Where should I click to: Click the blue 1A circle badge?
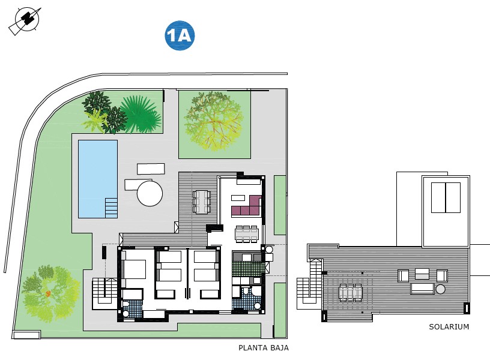(x=179, y=36)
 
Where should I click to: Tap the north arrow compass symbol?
(x=25, y=20)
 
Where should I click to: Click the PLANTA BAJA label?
(x=264, y=347)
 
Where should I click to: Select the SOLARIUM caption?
(x=449, y=327)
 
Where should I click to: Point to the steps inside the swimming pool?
(x=111, y=208)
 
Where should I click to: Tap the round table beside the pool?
(x=150, y=194)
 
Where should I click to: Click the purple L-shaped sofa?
(x=247, y=207)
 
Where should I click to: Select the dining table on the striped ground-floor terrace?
(x=201, y=202)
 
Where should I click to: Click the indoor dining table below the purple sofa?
(x=246, y=233)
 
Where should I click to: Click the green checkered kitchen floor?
(x=247, y=268)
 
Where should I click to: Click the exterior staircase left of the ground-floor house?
(x=104, y=293)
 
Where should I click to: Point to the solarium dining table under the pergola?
(x=350, y=292)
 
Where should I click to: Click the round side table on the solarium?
(x=441, y=289)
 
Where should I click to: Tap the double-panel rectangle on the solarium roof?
(x=446, y=197)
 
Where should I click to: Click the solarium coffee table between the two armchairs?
(x=422, y=274)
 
